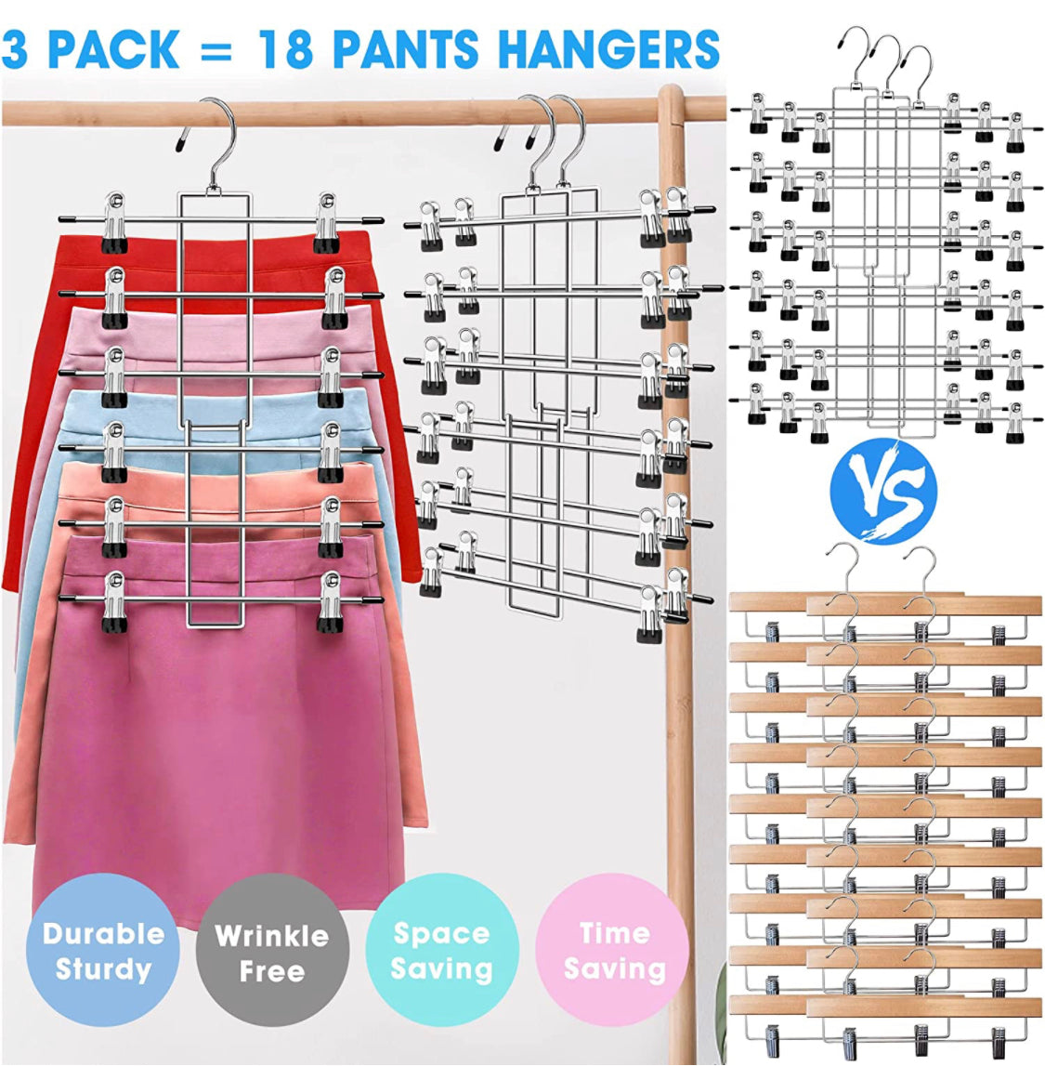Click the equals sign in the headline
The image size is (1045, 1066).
(217, 49)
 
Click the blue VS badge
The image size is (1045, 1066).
(883, 491)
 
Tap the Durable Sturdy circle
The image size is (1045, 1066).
(102, 951)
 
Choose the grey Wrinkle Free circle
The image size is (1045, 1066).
(272, 951)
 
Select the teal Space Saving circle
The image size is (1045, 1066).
(441, 951)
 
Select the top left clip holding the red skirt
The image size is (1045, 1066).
(115, 223)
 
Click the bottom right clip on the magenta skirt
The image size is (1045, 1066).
(330, 601)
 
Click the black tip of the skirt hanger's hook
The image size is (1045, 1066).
(182, 141)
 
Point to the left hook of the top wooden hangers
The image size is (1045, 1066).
(843, 571)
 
